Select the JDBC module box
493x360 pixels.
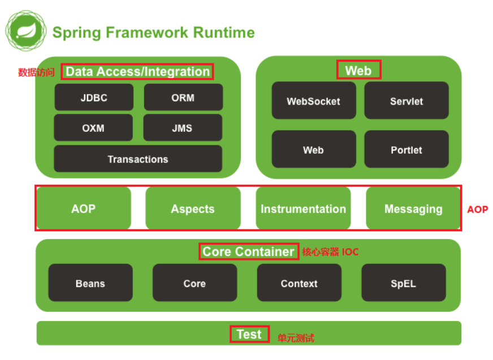93,97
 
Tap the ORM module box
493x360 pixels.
183,97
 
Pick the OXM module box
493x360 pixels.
93,128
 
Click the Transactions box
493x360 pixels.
138,159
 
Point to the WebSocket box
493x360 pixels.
314,101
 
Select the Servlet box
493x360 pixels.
406,101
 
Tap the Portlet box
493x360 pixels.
406,150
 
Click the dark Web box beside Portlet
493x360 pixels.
314,150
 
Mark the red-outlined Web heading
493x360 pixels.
358,70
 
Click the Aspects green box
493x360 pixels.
193,209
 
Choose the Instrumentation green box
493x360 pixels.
303,209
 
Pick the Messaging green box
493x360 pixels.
413,209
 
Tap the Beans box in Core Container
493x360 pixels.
90,283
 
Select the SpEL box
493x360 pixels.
403,283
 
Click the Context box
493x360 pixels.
299,283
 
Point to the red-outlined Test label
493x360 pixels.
249,334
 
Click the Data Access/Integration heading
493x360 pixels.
137,71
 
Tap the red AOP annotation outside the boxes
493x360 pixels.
477,209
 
